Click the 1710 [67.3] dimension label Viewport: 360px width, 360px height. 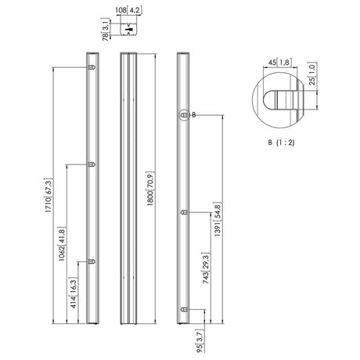tap(49, 196)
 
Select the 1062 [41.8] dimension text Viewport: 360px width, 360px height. tap(62, 244)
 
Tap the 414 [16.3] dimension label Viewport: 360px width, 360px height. tap(74, 293)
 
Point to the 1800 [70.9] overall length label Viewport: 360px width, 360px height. tap(150, 189)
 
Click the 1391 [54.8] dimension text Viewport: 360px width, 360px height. tap(218, 219)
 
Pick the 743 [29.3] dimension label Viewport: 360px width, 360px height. tap(206, 268)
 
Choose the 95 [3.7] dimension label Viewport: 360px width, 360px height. tap(200, 341)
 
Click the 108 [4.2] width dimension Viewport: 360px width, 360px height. tap(128, 10)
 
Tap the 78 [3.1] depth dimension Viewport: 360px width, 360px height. tap(106, 29)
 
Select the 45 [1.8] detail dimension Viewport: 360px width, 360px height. tap(280, 63)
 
